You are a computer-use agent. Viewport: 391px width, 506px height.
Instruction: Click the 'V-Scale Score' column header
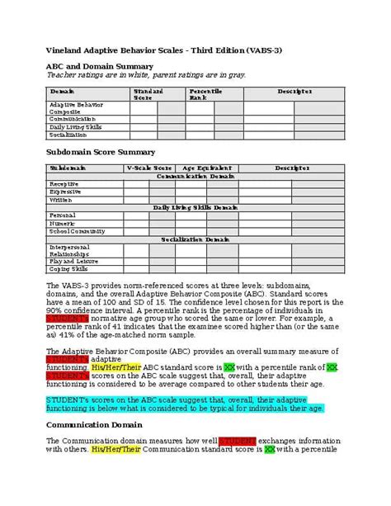pos(148,168)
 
